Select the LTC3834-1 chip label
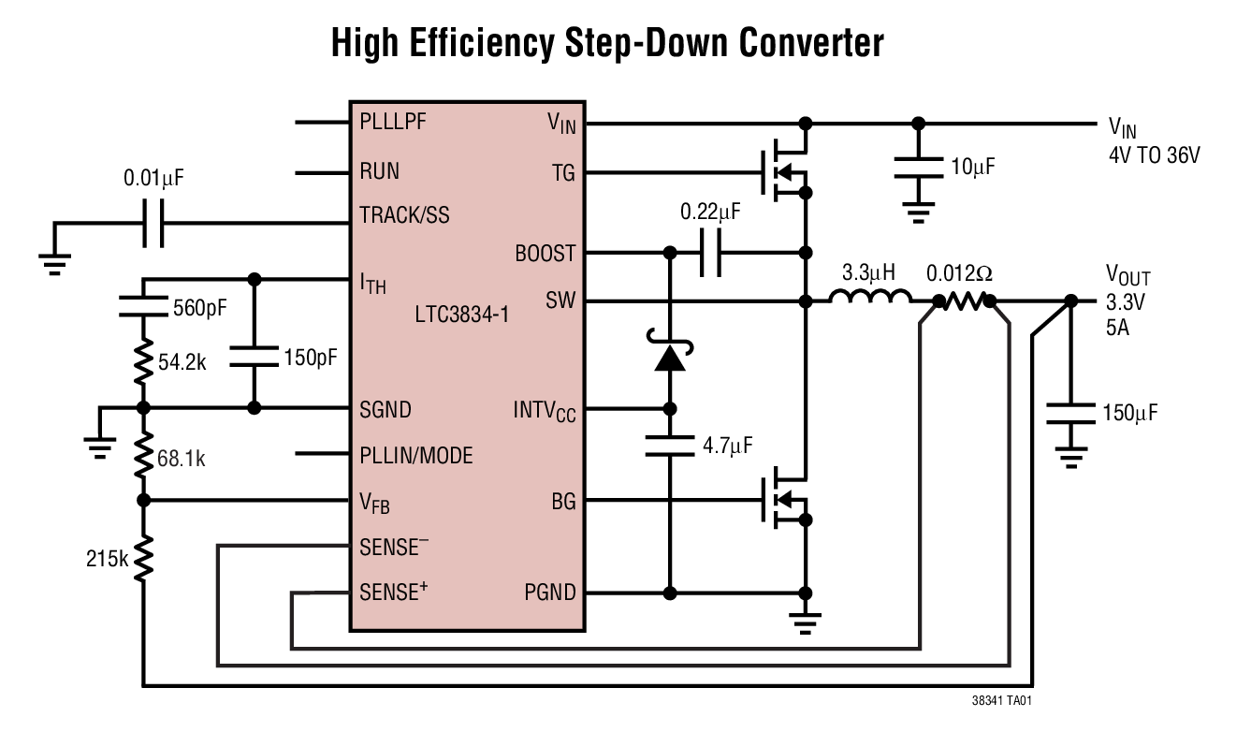(462, 315)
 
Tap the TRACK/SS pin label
(404, 215)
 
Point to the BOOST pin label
(545, 254)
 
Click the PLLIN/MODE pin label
(416, 456)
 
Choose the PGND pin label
(550, 593)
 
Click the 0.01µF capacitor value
(153, 178)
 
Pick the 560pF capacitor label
(200, 308)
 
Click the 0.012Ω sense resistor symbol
(963, 301)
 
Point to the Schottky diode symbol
(670, 356)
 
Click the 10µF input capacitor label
(973, 168)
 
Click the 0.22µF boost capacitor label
(710, 212)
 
